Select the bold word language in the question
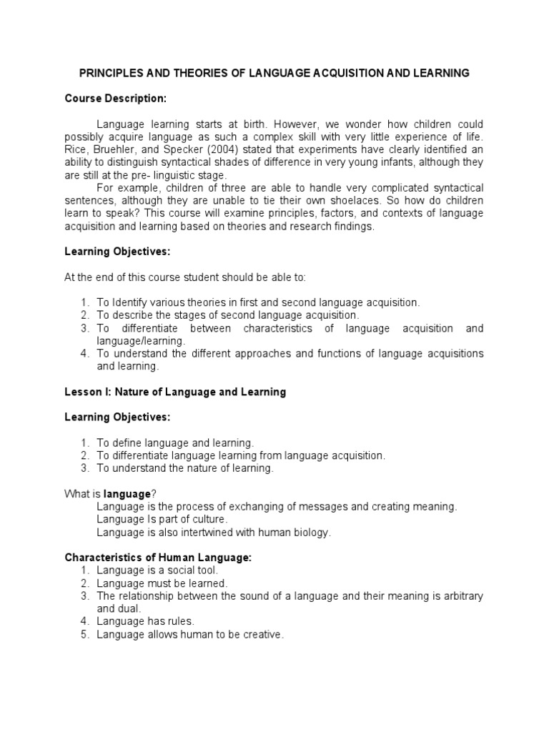(127, 493)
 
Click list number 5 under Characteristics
(84, 633)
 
